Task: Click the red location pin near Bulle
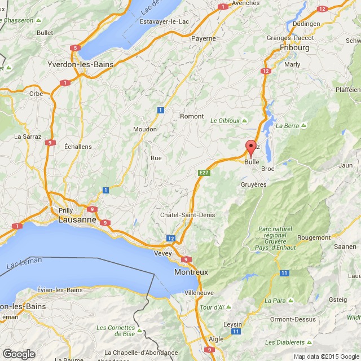coord(251,148)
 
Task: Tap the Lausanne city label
coord(79,221)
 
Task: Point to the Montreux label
coord(192,272)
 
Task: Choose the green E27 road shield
coord(204,172)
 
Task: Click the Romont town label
coord(191,116)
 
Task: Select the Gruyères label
coord(253,184)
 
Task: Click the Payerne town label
coord(203,38)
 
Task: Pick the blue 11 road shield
coord(284,273)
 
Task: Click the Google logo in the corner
coord(19,354)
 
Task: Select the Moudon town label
coord(145,129)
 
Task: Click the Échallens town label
coord(78,146)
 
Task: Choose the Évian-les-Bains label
coord(60,289)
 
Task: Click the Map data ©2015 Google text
coord(327,356)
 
